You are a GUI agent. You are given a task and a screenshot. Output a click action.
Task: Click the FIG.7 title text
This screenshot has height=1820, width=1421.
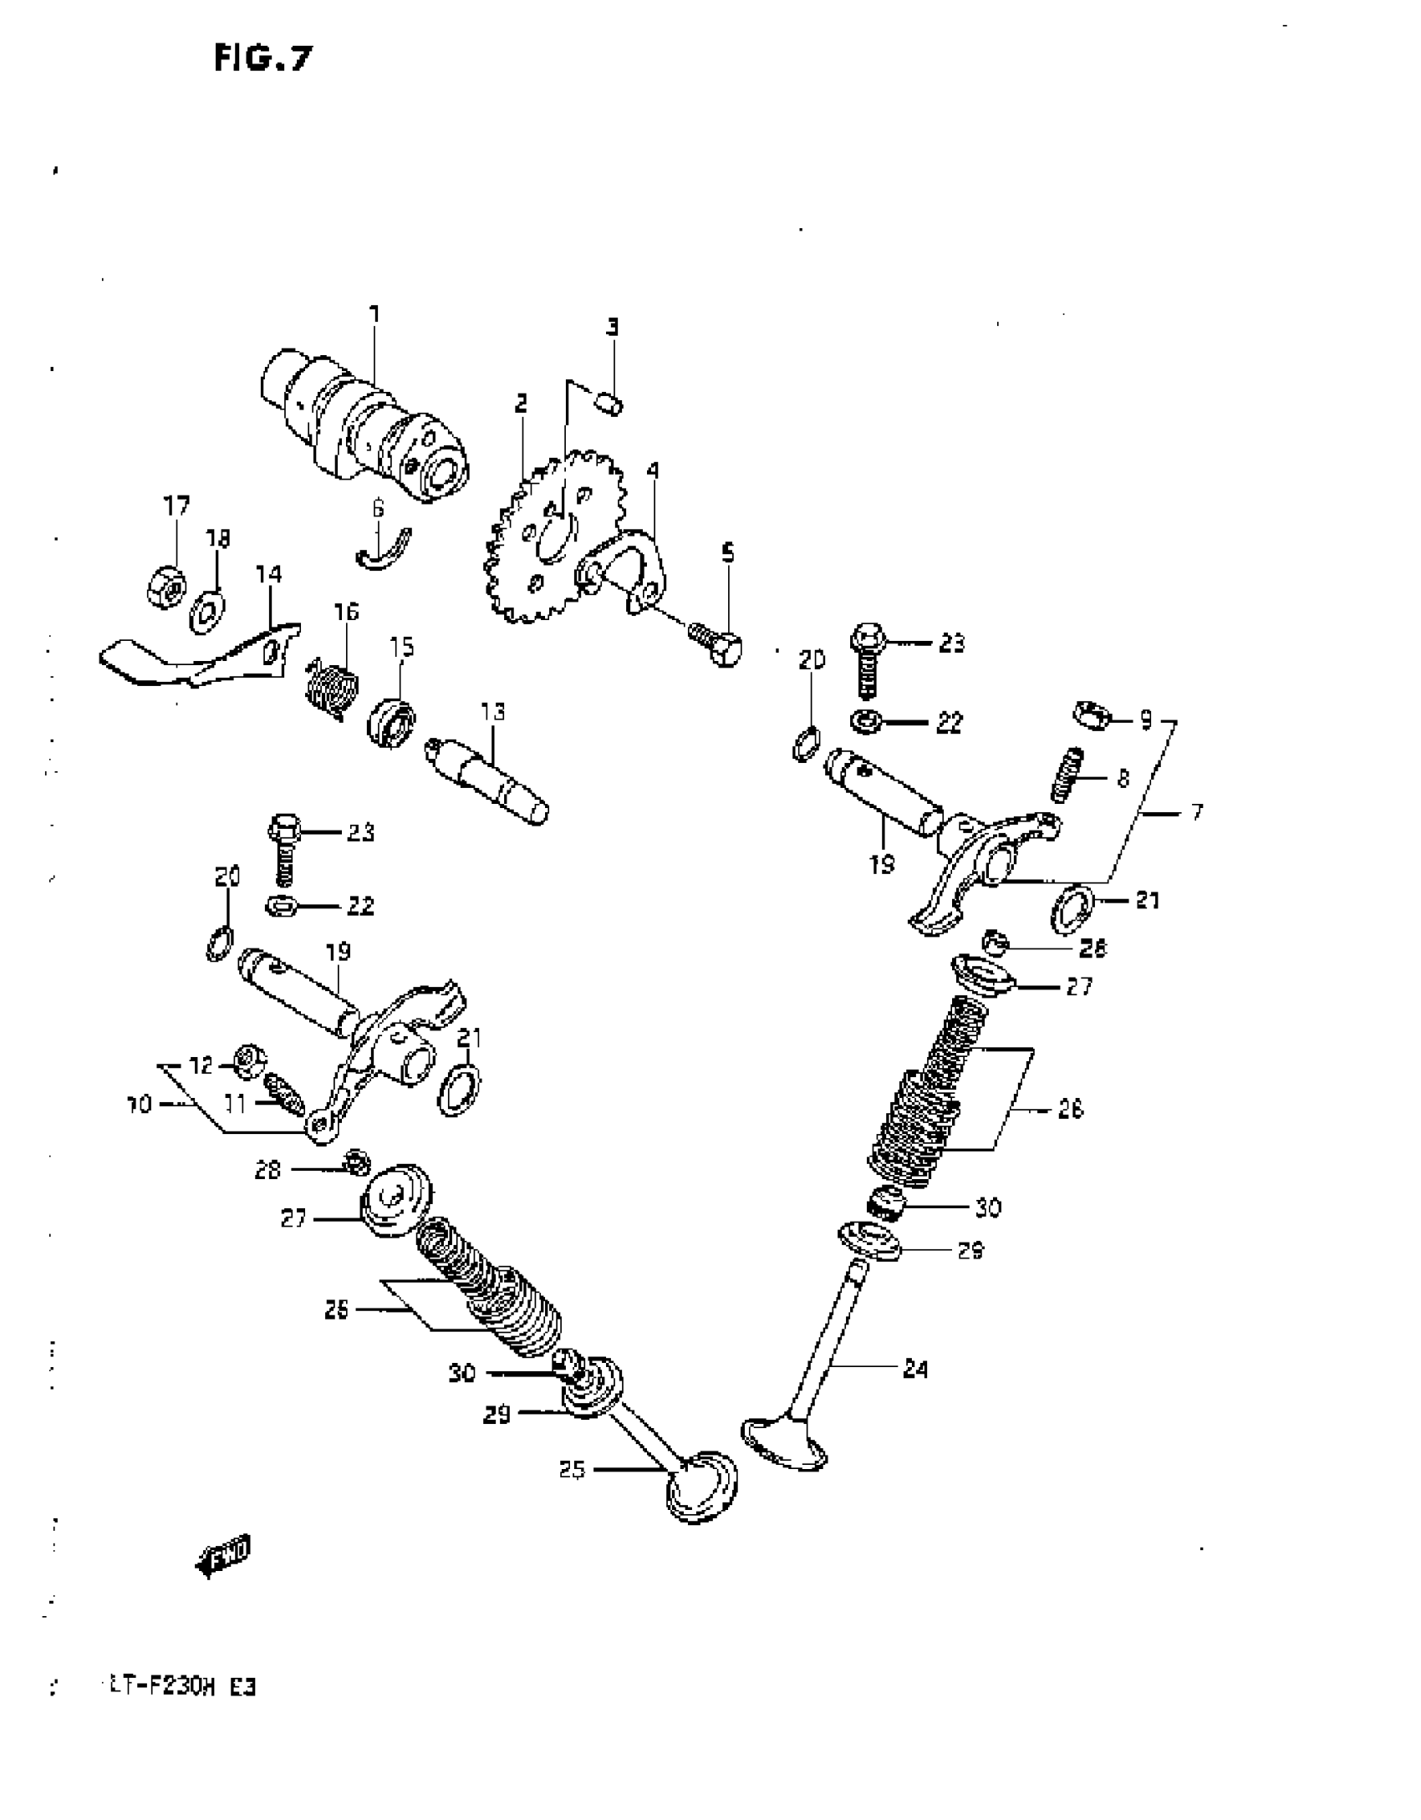(x=262, y=58)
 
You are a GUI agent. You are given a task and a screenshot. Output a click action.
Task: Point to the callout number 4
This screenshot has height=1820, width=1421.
(x=653, y=470)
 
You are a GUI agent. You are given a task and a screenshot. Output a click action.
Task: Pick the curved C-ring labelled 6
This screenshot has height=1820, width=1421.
(x=384, y=550)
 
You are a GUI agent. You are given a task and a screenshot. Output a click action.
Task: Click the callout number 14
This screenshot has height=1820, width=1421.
(x=268, y=574)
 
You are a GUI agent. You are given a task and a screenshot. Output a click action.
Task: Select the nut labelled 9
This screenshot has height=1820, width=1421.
(x=1089, y=715)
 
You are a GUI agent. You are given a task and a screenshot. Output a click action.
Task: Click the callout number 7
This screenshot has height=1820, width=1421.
(x=1197, y=811)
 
